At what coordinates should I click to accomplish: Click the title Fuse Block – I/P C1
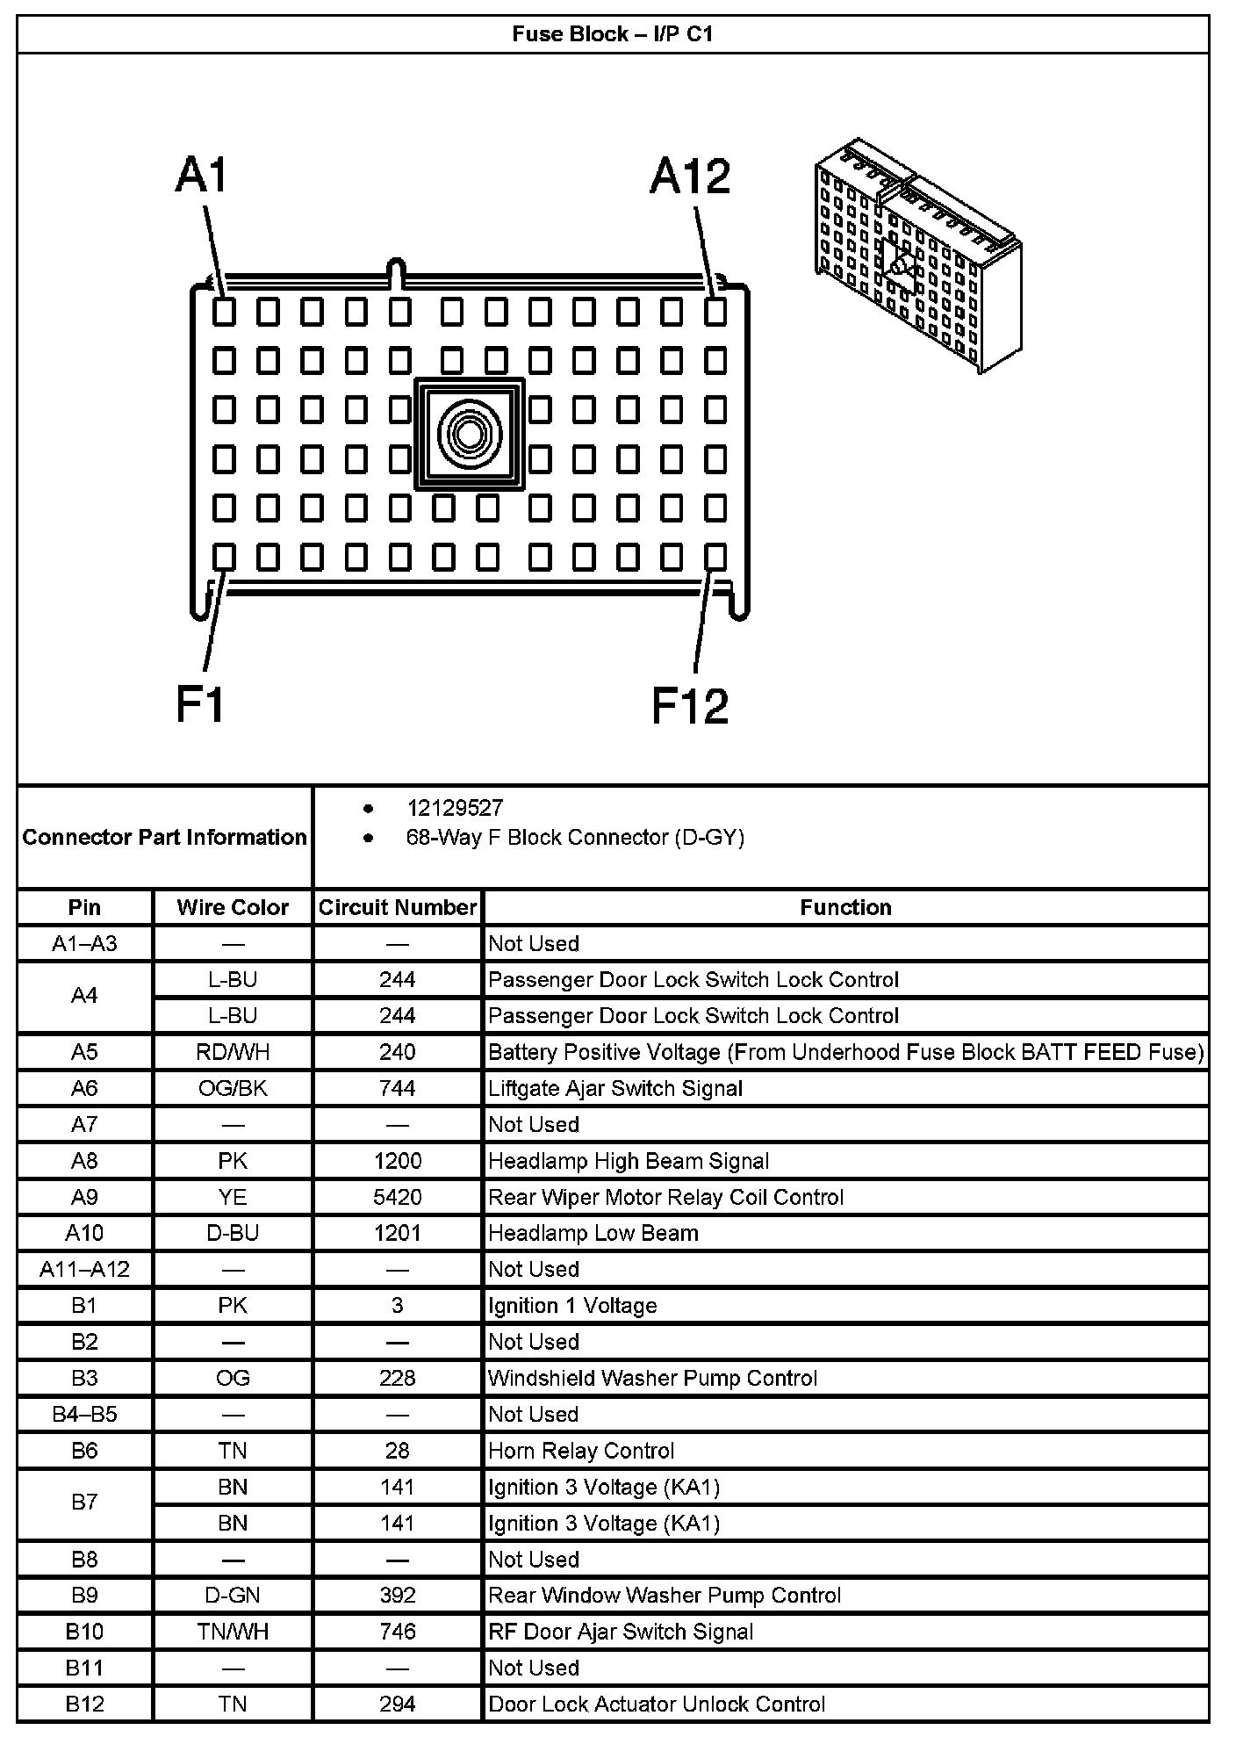(x=612, y=34)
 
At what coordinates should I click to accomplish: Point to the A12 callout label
(x=690, y=176)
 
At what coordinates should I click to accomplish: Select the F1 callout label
(x=200, y=704)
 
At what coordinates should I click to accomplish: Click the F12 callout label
(x=690, y=706)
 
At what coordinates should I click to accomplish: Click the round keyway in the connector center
(x=469, y=434)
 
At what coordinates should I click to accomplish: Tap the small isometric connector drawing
(x=916, y=255)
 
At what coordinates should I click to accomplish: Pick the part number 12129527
(x=455, y=808)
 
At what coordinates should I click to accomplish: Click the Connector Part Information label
(x=164, y=837)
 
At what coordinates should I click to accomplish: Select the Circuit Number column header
(x=397, y=907)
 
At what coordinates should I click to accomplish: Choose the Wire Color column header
(x=233, y=907)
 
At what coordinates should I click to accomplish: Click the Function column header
(x=845, y=907)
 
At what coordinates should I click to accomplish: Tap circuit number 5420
(x=397, y=1197)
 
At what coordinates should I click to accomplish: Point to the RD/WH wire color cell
(x=233, y=1052)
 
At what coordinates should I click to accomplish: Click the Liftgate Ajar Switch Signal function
(x=615, y=1089)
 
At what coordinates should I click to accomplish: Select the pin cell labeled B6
(x=84, y=1451)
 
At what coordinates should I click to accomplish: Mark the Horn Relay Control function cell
(x=581, y=1451)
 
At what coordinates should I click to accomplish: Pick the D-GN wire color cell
(x=233, y=1596)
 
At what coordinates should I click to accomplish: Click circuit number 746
(x=397, y=1632)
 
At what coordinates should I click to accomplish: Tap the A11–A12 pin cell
(x=84, y=1269)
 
